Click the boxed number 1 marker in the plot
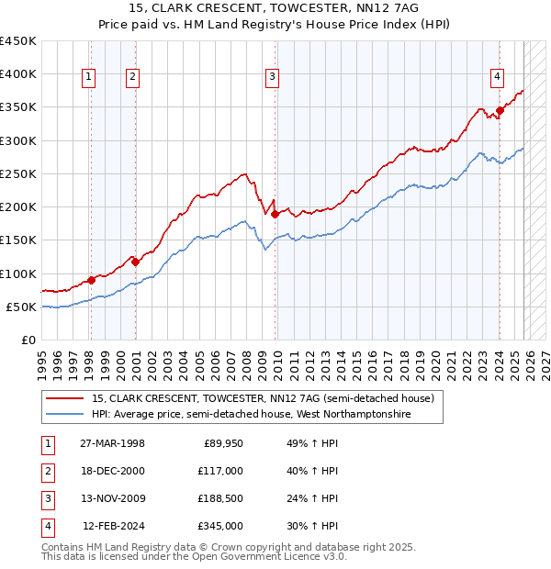point(90,78)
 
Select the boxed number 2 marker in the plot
point(133,78)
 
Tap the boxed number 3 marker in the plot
point(273,78)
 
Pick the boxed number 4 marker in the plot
point(496,78)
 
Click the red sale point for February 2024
point(500,111)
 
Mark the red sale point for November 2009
point(275,215)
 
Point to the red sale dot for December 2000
point(136,262)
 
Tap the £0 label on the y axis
point(29,340)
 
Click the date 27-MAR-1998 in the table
point(113,444)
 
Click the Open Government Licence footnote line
point(195,556)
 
